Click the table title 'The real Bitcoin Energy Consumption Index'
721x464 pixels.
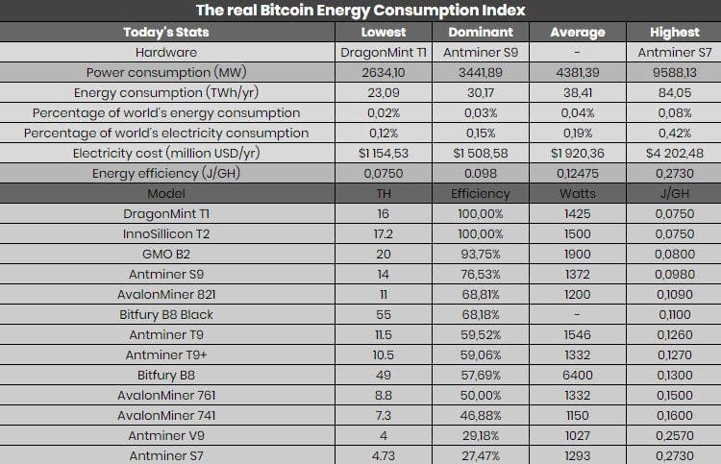[x=360, y=11]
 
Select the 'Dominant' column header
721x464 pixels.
[x=481, y=32]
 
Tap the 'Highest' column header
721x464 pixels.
[x=675, y=32]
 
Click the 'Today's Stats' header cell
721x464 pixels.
[x=166, y=32]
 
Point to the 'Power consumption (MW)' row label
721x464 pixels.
[x=166, y=73]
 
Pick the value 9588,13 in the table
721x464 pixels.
[x=675, y=73]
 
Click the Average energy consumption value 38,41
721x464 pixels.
[x=578, y=93]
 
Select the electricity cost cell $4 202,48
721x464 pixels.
[x=675, y=154]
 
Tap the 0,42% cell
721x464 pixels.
[x=675, y=134]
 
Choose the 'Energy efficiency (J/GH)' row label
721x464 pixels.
[x=166, y=174]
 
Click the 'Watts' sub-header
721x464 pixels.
[x=578, y=194]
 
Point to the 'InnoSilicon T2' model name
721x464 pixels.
[x=166, y=234]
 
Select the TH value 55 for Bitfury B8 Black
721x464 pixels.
[x=384, y=315]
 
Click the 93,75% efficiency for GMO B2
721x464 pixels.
[x=481, y=255]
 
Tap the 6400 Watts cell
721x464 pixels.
[x=578, y=376]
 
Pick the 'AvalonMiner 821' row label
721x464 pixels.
[x=166, y=295]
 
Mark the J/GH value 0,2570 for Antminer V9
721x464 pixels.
[x=675, y=436]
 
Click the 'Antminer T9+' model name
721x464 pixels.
[x=166, y=355]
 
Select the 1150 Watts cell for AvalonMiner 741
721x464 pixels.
[x=578, y=416]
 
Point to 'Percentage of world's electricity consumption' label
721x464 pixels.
[x=166, y=134]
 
